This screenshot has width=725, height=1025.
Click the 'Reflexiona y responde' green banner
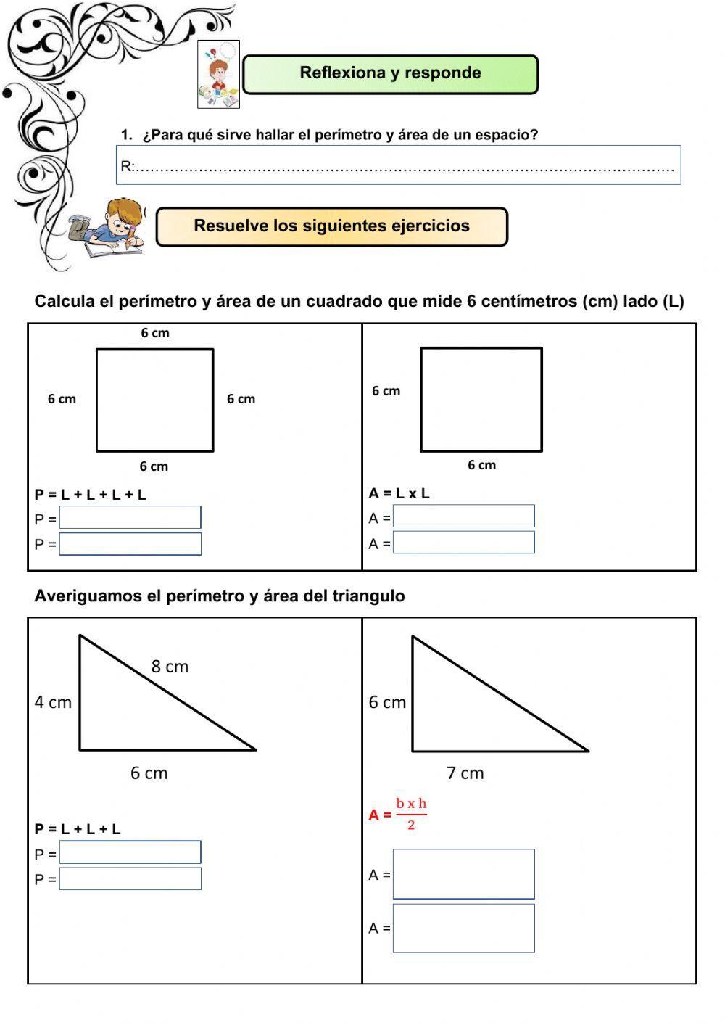pyautogui.click(x=390, y=74)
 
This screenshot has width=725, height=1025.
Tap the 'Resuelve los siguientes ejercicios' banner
pyautogui.click(x=331, y=226)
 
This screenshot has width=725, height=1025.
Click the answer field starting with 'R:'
pyautogui.click(x=399, y=165)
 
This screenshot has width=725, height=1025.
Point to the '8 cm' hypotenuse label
pyautogui.click(x=170, y=667)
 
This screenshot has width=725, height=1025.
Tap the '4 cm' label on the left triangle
pyautogui.click(x=53, y=702)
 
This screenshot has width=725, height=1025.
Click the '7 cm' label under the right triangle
pyautogui.click(x=465, y=773)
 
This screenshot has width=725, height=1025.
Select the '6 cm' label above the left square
pyautogui.click(x=155, y=333)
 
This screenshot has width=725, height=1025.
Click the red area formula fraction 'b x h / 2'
pyautogui.click(x=411, y=814)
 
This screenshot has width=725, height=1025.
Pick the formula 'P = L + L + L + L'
pyautogui.click(x=90, y=495)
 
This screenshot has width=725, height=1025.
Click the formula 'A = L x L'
pyautogui.click(x=399, y=493)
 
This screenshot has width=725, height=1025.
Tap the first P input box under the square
pyautogui.click(x=130, y=518)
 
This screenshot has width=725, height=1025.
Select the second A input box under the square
pyautogui.click(x=463, y=543)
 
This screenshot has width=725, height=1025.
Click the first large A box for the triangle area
pyautogui.click(x=463, y=874)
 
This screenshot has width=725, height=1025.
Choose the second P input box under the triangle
pyautogui.click(x=130, y=878)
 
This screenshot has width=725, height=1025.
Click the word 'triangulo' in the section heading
pyautogui.click(x=368, y=596)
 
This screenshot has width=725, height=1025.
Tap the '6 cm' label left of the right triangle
pyautogui.click(x=387, y=702)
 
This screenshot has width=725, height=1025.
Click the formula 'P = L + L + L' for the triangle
pyautogui.click(x=78, y=829)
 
